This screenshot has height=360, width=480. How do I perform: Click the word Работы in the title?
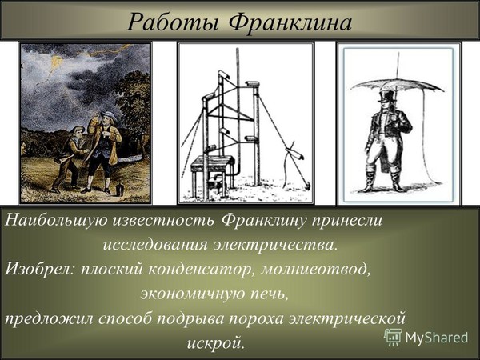pyautogui.click(x=173, y=22)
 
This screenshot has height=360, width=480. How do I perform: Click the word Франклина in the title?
pyautogui.click(x=291, y=22)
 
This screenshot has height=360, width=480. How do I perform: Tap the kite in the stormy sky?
pyautogui.click(x=58, y=64)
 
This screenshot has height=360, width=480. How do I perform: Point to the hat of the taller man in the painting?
pyautogui.click(x=109, y=116)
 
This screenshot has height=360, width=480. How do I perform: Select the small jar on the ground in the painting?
pyautogui.click(x=120, y=190)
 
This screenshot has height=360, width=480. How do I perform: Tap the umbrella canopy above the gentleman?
pyautogui.click(x=397, y=84)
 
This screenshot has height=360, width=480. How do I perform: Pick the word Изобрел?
pyautogui.click(x=41, y=269)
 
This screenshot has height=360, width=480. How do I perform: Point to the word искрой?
pyautogui.click(x=216, y=343)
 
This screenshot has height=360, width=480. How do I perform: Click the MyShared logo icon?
pyautogui.click(x=393, y=337)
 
